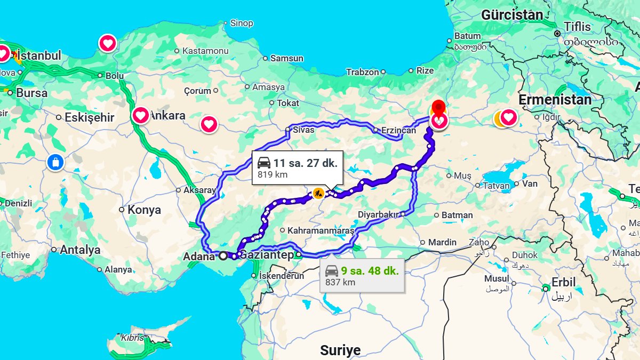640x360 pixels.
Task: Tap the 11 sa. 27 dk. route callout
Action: point(297,167)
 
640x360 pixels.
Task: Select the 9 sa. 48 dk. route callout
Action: point(362,276)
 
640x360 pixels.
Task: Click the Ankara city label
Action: point(167,115)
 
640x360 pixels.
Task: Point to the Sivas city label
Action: point(303,130)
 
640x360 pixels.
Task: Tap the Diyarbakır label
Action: point(379,214)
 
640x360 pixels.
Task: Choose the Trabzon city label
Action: point(362,72)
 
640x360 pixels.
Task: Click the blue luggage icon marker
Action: point(55,162)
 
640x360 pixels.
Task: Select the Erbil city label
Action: point(563,282)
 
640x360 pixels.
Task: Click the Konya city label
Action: point(144,210)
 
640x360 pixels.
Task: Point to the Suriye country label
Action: point(340,350)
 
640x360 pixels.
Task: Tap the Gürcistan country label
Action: point(511,15)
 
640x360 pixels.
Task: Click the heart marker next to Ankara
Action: point(141,115)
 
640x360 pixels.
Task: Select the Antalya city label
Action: point(80,250)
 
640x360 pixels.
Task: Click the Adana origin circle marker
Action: point(223,256)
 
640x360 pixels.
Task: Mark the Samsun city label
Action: point(286,58)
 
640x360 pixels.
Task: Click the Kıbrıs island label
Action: point(133,338)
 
